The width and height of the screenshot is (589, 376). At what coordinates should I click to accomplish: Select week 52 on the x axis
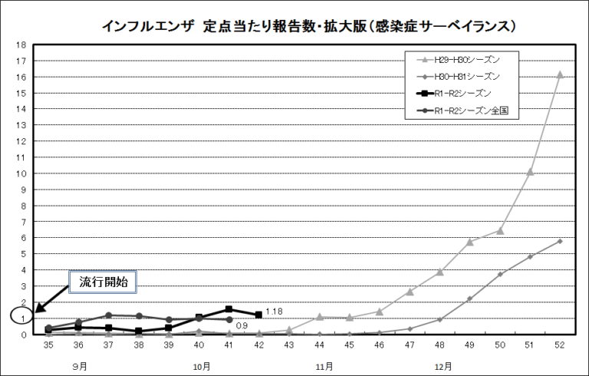pyautogui.click(x=560, y=346)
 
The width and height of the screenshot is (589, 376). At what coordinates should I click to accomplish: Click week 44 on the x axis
pyautogui.click(x=319, y=346)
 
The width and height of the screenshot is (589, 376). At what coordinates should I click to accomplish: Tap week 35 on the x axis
pyautogui.click(x=48, y=346)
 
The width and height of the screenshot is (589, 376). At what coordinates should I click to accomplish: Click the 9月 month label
pyautogui.click(x=80, y=366)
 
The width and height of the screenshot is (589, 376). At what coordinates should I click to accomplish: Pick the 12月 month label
pyautogui.click(x=442, y=366)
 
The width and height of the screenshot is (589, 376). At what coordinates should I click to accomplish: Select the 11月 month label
pyautogui.click(x=324, y=366)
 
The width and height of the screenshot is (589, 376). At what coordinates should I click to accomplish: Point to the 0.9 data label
pyautogui.click(x=241, y=326)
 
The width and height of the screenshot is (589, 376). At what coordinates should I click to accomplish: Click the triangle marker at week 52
pyautogui.click(x=560, y=74)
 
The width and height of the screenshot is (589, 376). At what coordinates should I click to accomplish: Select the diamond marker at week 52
pyautogui.click(x=560, y=241)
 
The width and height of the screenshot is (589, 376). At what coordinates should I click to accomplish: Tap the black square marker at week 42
pyautogui.click(x=258, y=315)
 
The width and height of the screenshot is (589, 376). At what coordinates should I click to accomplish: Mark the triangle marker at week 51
pyautogui.click(x=530, y=171)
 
